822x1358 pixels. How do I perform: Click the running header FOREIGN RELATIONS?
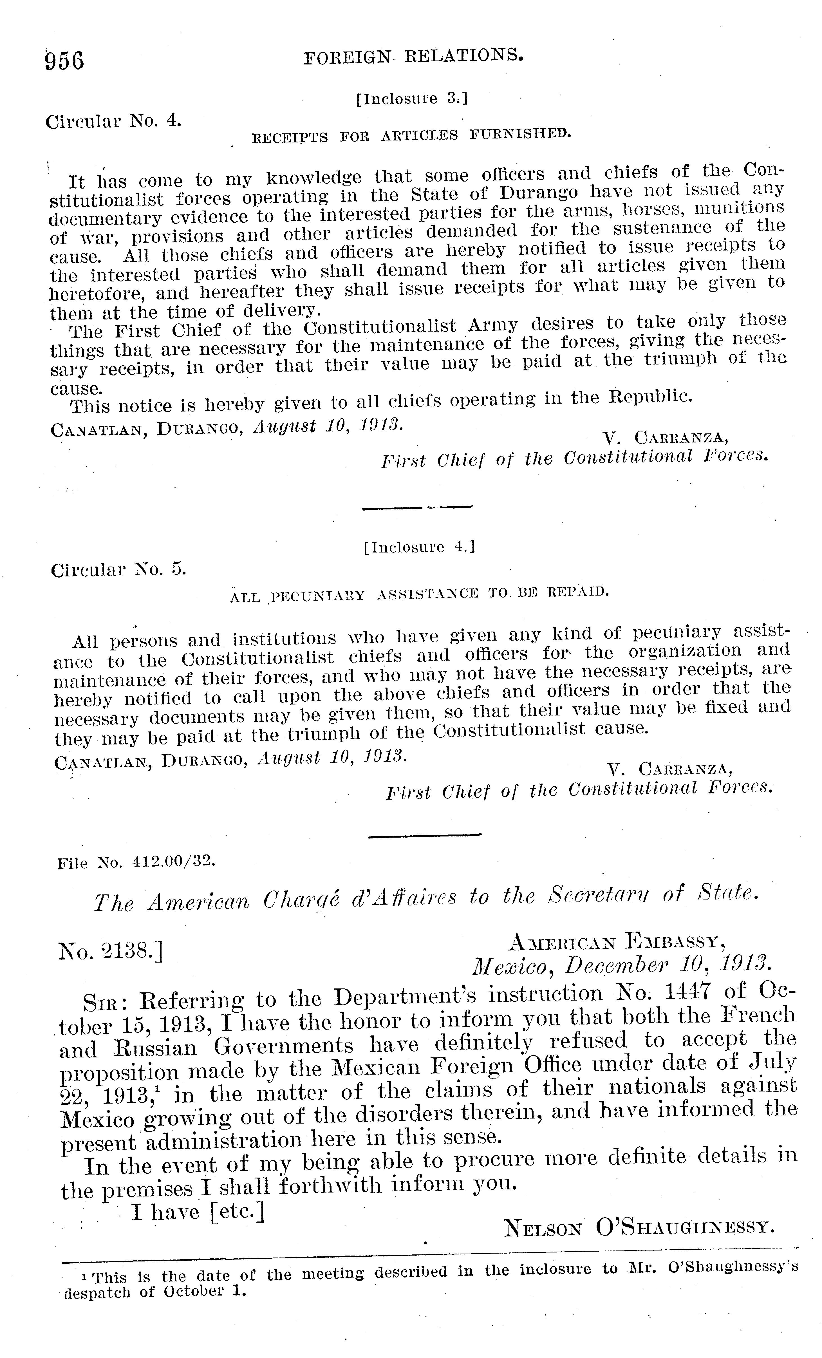[x=413, y=56]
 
